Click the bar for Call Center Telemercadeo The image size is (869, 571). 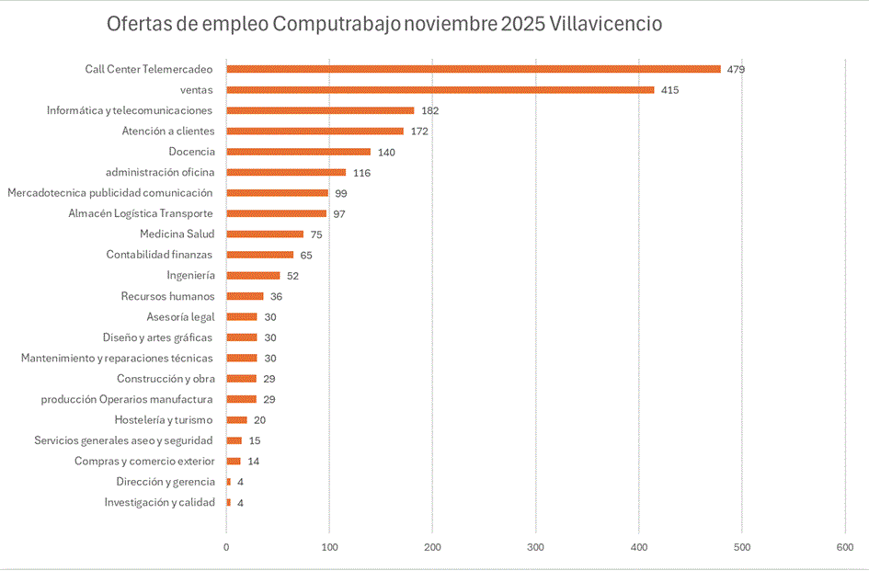474,69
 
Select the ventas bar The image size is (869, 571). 440,90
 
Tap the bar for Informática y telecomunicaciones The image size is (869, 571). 320,110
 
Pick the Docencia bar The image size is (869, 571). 299,152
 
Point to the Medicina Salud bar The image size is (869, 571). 265,234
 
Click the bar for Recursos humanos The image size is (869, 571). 245,296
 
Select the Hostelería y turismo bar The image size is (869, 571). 236,420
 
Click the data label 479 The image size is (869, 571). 736,70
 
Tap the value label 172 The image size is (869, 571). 419,131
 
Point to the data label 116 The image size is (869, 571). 361,173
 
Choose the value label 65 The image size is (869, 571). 306,255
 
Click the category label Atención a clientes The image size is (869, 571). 168,131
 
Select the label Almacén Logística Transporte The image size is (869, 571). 142,213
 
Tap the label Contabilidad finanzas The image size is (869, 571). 159,255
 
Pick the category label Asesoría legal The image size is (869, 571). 180,317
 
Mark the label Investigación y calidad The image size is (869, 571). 159,502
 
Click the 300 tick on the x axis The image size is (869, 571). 536,548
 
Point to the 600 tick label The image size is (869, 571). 845,548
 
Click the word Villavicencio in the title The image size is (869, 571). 605,24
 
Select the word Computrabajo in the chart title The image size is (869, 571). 337,24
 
